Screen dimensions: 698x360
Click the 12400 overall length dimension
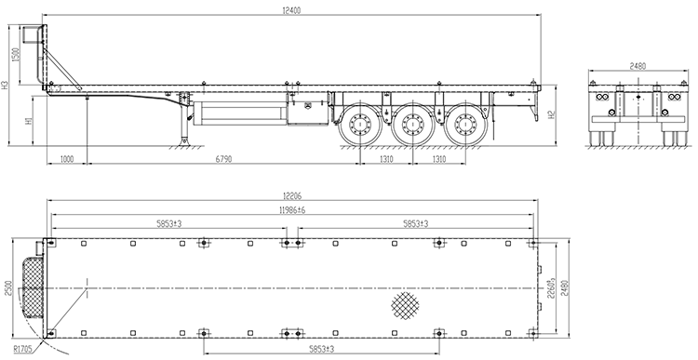[x=291, y=10]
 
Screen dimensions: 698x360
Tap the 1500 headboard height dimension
[x=16, y=55]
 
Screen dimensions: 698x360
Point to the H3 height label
[x=5, y=85]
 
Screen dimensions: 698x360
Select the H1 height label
[x=29, y=121]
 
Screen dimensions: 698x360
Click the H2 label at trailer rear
[x=552, y=114]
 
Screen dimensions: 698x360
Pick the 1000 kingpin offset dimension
[x=67, y=159]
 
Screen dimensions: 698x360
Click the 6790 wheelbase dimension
[x=223, y=159]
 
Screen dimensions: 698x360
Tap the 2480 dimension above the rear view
[x=638, y=66]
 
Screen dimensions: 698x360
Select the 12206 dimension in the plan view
[x=292, y=195]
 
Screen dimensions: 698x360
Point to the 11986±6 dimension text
[x=292, y=210]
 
